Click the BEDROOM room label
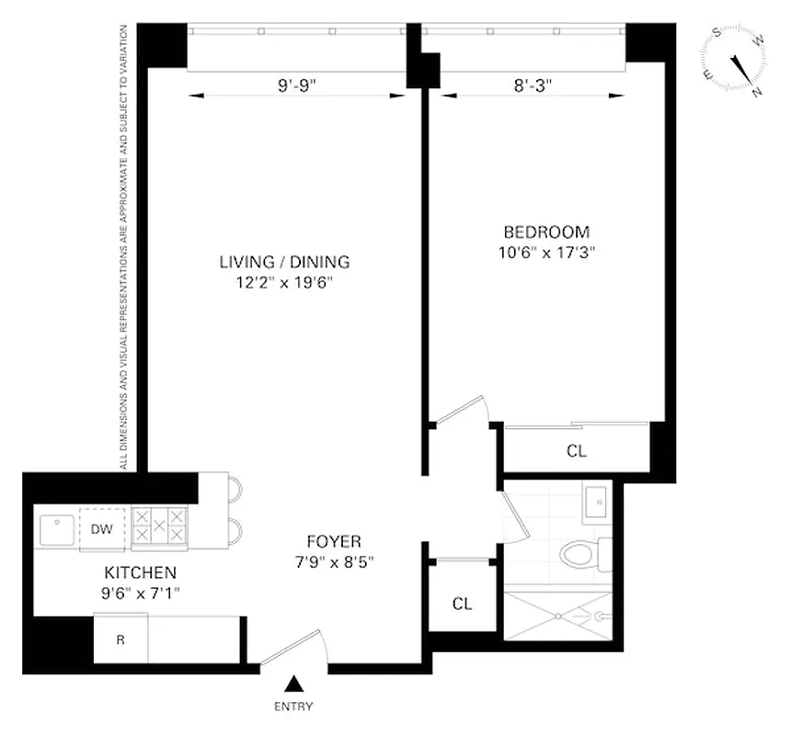click(545, 232)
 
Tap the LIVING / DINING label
click(284, 262)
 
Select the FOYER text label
click(334, 541)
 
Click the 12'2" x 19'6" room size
click(283, 283)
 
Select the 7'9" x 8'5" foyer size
click(334, 561)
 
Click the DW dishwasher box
click(103, 528)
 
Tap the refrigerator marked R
click(120, 639)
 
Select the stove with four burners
click(159, 528)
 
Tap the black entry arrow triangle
click(294, 683)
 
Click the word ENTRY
click(294, 707)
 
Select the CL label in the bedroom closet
click(577, 451)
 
